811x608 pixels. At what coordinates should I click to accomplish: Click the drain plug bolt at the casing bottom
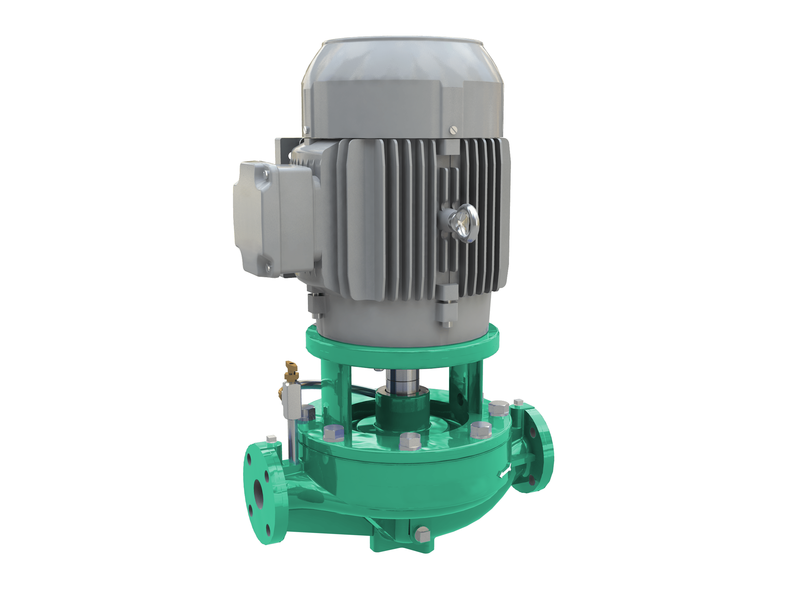click(x=423, y=535)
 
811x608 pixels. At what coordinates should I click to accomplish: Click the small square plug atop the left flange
click(x=271, y=439)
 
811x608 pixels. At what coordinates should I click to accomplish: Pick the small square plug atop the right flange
click(x=518, y=402)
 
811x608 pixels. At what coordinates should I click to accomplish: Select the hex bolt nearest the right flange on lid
click(x=498, y=409)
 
